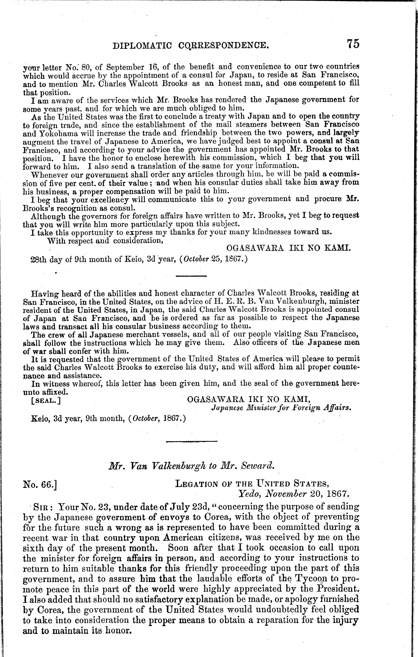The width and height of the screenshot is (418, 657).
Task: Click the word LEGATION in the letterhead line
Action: (x=196, y=484)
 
